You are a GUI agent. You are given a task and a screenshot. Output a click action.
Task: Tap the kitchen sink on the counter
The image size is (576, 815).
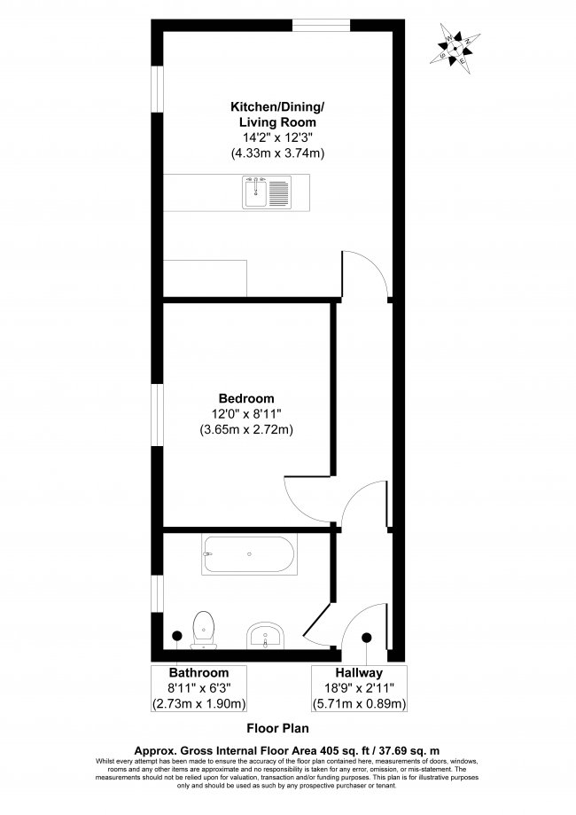click(x=266, y=192)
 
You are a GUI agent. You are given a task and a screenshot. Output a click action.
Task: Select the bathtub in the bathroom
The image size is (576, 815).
click(x=247, y=556)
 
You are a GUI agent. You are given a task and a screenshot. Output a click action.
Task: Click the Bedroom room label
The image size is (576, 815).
click(x=246, y=398)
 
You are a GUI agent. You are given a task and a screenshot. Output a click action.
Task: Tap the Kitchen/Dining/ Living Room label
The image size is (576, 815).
click(x=277, y=114)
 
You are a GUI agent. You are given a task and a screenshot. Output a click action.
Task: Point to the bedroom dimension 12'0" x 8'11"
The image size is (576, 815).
click(x=246, y=414)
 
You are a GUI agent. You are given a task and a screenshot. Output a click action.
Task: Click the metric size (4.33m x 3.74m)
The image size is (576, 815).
click(x=277, y=153)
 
